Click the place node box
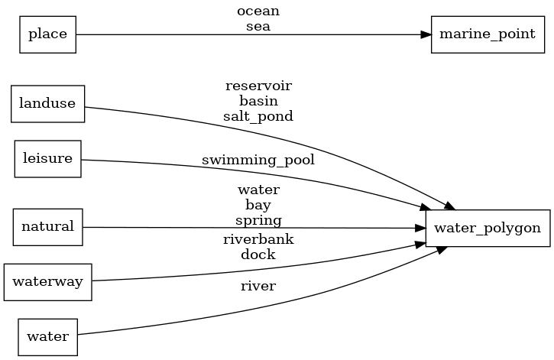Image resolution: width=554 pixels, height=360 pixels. [x=47, y=34]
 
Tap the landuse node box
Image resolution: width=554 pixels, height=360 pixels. [x=47, y=104]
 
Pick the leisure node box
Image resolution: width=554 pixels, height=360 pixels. [x=47, y=159]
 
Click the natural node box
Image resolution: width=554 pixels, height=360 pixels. [x=47, y=226]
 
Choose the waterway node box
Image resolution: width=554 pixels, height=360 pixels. [x=47, y=281]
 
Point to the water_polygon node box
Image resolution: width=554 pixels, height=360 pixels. [x=488, y=228]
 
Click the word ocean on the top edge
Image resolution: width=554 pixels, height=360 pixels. [x=258, y=11]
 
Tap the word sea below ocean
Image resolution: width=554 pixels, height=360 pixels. [x=258, y=26]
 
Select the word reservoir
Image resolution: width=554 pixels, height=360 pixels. [x=258, y=85]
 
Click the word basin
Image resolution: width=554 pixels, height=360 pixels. [x=258, y=100]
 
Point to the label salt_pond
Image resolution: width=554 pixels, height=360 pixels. [x=258, y=116]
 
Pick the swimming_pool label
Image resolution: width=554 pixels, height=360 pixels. [x=258, y=161]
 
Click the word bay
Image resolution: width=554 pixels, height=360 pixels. [x=258, y=205]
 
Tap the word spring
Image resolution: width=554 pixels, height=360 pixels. [x=258, y=220]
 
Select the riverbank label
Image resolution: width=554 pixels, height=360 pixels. [x=258, y=239]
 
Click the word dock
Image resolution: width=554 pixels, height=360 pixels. [x=258, y=255]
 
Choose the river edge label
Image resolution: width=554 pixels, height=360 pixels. [x=258, y=287]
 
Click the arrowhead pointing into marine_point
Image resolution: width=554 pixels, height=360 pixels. [x=426, y=34]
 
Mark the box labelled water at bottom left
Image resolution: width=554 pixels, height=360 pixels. [x=47, y=336]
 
